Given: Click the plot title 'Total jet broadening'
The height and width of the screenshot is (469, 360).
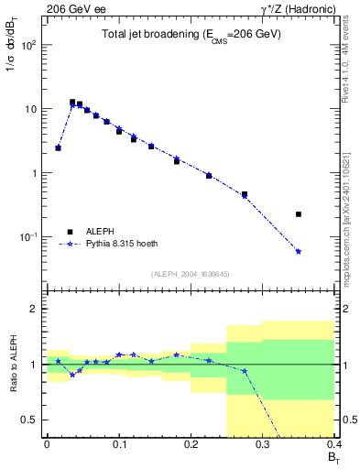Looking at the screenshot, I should click(191, 34).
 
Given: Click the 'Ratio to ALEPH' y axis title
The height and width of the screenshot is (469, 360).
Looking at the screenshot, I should click(14, 365).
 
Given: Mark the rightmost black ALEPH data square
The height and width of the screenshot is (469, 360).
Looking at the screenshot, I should click(299, 214).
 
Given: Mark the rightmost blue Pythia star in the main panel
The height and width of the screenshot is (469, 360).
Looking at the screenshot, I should click(299, 251).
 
